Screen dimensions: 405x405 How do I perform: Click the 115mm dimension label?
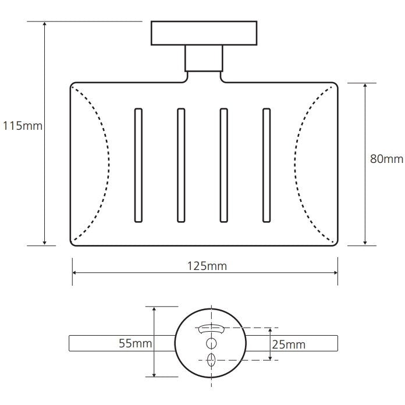coord(23,126)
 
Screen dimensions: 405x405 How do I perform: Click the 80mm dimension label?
coord(386,159)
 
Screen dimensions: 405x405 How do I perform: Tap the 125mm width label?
coord(207,266)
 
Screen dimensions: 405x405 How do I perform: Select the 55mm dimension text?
coord(136,343)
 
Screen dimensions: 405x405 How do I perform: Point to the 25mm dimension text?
coord(289,344)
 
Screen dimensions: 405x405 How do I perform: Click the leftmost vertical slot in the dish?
coord(138,165)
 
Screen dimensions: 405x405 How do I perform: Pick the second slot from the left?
coord(181,165)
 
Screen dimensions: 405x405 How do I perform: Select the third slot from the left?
coord(224,165)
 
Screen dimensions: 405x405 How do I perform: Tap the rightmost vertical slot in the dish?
coord(267,165)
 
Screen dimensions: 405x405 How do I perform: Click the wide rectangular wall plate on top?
coord(204,33)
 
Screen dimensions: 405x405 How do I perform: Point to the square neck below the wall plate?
coord(204,58)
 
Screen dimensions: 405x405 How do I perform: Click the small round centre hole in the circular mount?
coord(212,343)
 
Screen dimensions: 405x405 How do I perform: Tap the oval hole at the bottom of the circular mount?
coord(211,360)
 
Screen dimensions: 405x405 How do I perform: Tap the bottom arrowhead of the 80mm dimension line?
coord(365,242)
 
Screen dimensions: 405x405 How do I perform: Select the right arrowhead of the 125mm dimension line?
coord(335,273)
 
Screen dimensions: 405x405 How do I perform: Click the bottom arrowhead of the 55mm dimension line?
coord(154,374)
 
